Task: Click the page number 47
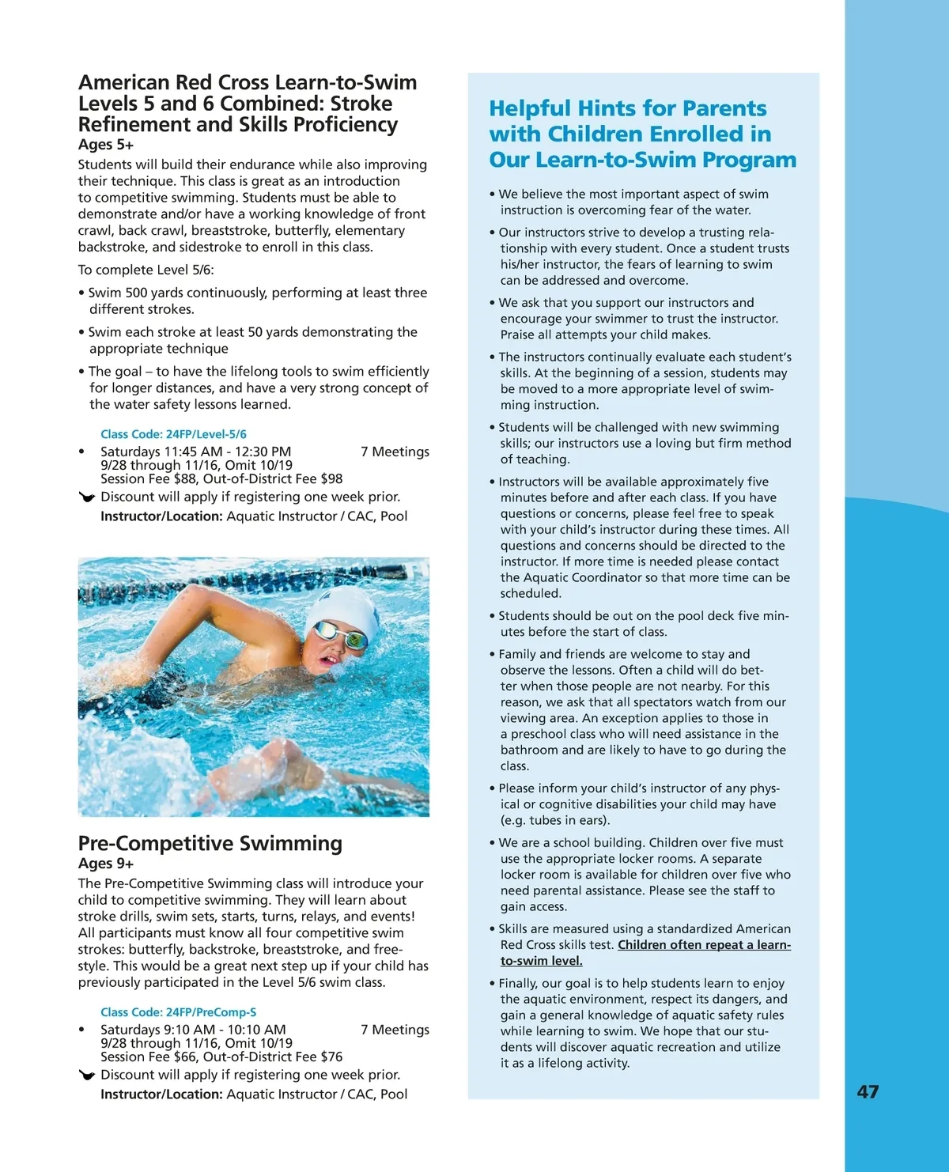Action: click(868, 1092)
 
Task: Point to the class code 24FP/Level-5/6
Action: click(173, 434)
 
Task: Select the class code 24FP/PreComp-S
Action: click(178, 1012)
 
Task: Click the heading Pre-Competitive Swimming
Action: click(210, 844)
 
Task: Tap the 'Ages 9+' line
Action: click(106, 864)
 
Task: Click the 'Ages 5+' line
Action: click(106, 145)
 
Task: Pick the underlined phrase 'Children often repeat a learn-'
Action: click(704, 945)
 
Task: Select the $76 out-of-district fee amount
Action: click(331, 1057)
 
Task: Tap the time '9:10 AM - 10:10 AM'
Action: click(225, 1030)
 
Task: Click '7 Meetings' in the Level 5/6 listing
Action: click(395, 452)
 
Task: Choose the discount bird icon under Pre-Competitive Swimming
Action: click(87, 1075)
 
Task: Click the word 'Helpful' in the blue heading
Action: click(529, 108)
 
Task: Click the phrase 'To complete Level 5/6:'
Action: click(146, 270)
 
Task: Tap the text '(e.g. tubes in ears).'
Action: click(555, 820)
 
